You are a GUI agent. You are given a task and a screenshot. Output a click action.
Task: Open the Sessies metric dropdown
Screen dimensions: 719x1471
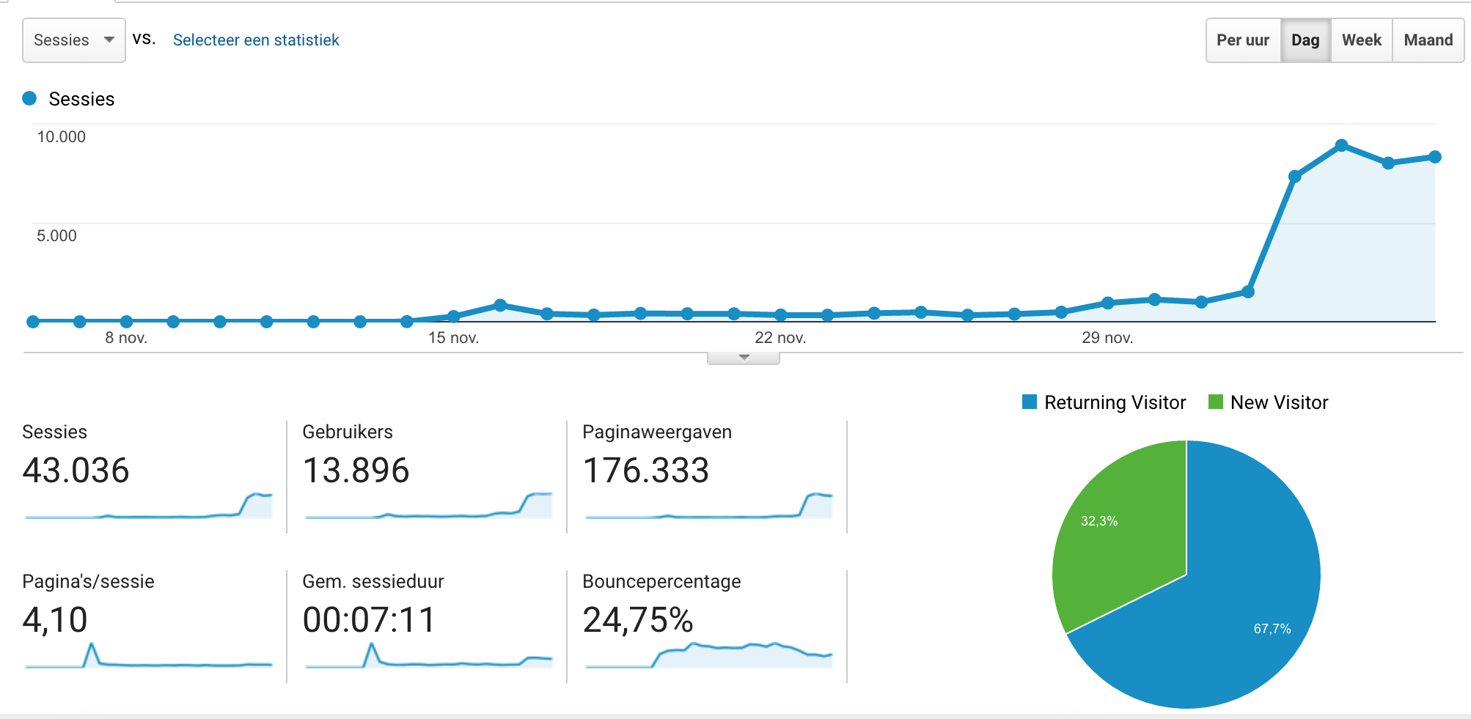pyautogui.click(x=73, y=40)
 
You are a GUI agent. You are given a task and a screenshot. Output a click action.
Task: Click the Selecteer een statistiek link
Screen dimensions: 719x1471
pyautogui.click(x=256, y=40)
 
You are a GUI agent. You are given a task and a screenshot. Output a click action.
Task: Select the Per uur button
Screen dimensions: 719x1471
pyautogui.click(x=1242, y=40)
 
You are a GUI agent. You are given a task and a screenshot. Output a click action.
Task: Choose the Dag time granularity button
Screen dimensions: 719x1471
pyautogui.click(x=1305, y=40)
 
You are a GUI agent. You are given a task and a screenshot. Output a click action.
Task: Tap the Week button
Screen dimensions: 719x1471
pyautogui.click(x=1361, y=40)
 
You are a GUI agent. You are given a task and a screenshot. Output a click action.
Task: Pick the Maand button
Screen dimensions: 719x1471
pyautogui.click(x=1428, y=40)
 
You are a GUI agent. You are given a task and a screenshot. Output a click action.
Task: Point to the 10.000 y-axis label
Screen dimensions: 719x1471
pyautogui.click(x=62, y=137)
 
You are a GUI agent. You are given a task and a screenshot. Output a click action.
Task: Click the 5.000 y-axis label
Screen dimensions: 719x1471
pyautogui.click(x=56, y=236)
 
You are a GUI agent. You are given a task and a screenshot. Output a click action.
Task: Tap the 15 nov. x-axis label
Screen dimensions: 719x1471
pyautogui.click(x=453, y=338)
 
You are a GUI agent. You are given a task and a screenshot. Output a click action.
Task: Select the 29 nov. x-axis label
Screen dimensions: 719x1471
pyautogui.click(x=1107, y=338)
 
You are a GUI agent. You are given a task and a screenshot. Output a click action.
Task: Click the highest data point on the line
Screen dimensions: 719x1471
pyautogui.click(x=1341, y=145)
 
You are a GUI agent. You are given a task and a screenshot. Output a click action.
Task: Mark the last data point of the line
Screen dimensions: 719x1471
pyautogui.click(x=1435, y=157)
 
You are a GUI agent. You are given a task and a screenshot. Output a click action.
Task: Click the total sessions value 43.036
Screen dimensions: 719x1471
pyautogui.click(x=76, y=471)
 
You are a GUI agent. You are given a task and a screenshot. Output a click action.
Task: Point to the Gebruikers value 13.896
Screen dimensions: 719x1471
pyautogui.click(x=356, y=471)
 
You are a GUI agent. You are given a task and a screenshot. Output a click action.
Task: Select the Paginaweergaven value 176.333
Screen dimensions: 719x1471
pyautogui.click(x=645, y=471)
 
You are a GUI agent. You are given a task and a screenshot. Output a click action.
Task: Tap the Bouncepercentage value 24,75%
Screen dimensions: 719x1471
pyautogui.click(x=637, y=620)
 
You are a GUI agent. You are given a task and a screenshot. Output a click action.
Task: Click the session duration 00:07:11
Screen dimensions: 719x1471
pyautogui.click(x=369, y=620)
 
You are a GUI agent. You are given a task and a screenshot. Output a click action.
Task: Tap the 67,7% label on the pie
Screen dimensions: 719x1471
pyautogui.click(x=1272, y=629)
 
